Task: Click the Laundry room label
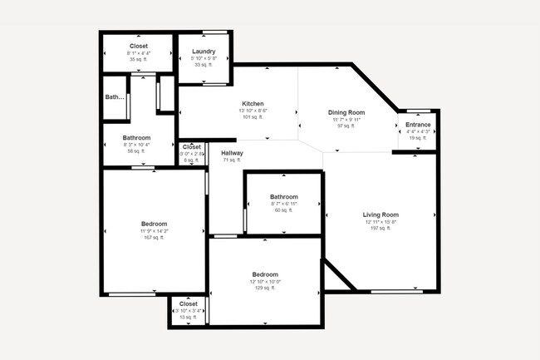click(x=204, y=52)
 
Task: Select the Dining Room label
click(x=346, y=112)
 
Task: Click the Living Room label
click(x=381, y=215)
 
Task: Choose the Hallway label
click(x=232, y=153)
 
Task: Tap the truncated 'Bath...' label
click(x=114, y=97)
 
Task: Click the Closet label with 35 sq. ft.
click(x=138, y=47)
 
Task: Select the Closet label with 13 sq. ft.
click(x=189, y=304)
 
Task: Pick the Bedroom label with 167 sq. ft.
click(x=154, y=224)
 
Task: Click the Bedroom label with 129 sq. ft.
click(x=265, y=274)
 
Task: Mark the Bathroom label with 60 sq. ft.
click(x=283, y=197)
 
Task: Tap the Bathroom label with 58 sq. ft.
click(x=136, y=138)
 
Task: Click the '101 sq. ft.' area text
click(x=253, y=117)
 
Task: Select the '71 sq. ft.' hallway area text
click(x=231, y=160)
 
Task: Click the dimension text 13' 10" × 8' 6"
click(x=253, y=111)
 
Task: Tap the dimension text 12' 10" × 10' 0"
click(x=265, y=281)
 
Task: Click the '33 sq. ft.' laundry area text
click(x=204, y=65)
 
